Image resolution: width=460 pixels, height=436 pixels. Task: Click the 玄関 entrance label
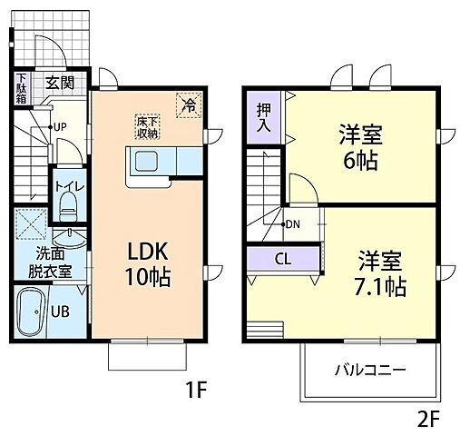(60, 83)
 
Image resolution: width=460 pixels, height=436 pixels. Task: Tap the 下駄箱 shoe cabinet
(22, 88)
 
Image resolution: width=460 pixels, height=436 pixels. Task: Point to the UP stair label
(60, 127)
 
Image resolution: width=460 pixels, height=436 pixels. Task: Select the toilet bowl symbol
(69, 207)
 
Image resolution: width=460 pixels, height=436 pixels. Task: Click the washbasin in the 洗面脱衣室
(69, 238)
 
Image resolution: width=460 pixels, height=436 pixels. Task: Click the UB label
(60, 312)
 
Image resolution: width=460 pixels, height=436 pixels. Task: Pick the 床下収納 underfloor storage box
(147, 127)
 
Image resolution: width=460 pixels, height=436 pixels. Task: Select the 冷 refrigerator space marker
(189, 104)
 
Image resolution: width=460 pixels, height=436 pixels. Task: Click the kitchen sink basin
(146, 162)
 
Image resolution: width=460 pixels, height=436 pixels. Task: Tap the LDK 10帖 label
(148, 264)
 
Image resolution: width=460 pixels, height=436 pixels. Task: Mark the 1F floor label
(196, 390)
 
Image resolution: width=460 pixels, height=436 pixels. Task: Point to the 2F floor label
(428, 420)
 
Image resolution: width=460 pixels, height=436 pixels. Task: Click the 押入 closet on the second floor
(263, 118)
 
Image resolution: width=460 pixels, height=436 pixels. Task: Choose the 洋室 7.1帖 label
(380, 273)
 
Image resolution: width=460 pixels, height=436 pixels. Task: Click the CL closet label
(283, 259)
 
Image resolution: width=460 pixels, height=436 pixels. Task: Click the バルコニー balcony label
(370, 371)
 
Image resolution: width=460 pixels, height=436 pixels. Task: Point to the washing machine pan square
(31, 223)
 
